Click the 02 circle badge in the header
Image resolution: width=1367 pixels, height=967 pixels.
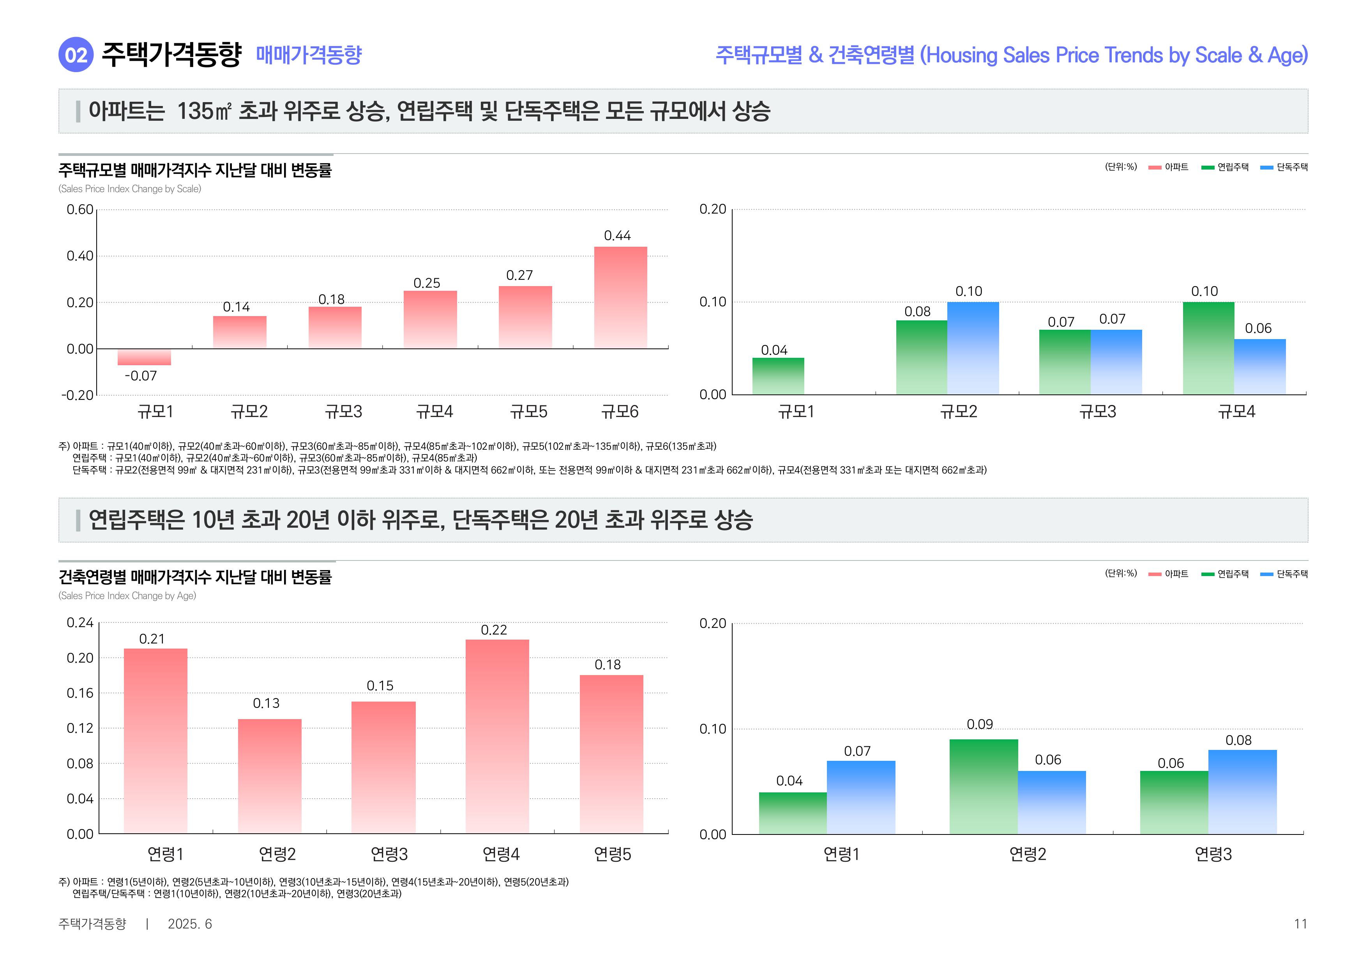click(76, 55)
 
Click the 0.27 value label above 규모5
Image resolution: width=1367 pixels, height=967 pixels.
click(519, 276)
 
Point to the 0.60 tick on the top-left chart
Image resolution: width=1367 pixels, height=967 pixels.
click(80, 210)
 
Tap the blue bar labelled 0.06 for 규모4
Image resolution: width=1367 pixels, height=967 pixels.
click(1260, 366)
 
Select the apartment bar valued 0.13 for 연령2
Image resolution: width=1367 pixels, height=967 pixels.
click(270, 776)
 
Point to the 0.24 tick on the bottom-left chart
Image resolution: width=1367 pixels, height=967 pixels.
click(80, 623)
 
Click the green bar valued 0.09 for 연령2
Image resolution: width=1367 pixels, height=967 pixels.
click(984, 786)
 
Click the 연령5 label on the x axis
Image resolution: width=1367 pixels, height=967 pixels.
click(612, 854)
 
